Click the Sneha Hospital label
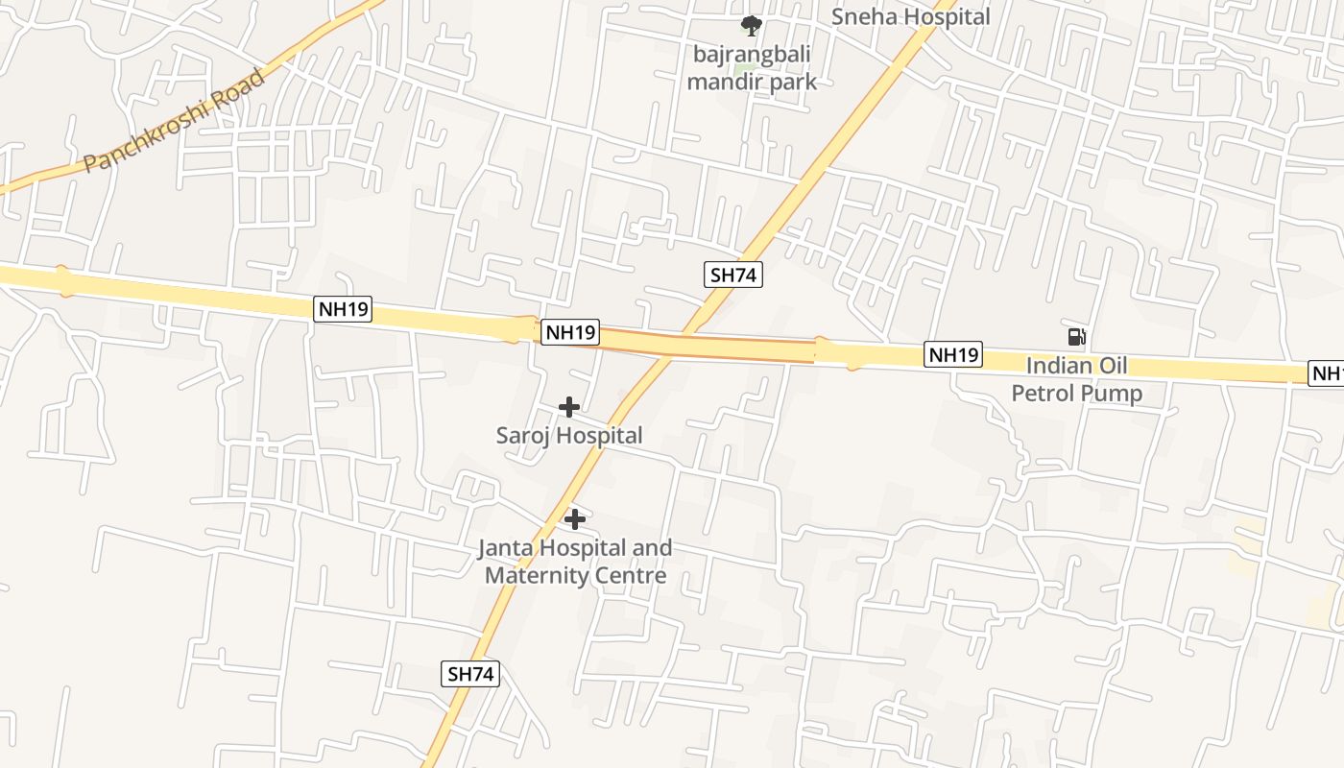click(910, 16)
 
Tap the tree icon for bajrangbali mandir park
click(752, 26)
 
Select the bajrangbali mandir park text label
click(752, 68)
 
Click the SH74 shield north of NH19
click(733, 276)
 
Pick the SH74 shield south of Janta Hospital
click(471, 674)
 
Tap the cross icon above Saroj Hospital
click(569, 407)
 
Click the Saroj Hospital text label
click(569, 436)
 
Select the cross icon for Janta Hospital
click(575, 519)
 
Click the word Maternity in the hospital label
click(540, 576)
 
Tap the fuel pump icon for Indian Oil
click(1077, 336)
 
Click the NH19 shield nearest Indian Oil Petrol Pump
click(953, 355)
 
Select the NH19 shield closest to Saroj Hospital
click(570, 332)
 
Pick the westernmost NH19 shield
click(343, 310)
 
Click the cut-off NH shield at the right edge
click(1327, 373)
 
